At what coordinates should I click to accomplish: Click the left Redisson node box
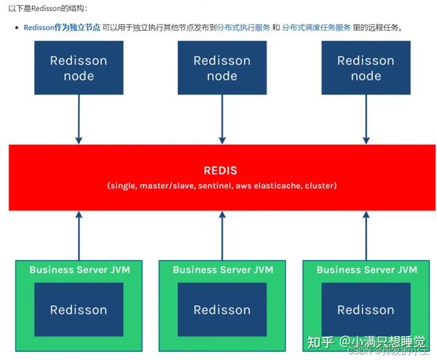pos(78,68)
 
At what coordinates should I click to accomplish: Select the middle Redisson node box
pos(222,68)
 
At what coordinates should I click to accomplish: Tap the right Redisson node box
pos(366,68)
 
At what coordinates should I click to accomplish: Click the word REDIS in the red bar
pos(221,171)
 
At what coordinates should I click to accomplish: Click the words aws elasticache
pos(274,186)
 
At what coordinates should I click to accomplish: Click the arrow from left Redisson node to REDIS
pos(78,120)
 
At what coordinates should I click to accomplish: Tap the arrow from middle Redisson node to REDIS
pos(222,120)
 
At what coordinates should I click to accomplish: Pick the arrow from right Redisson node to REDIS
pos(366,120)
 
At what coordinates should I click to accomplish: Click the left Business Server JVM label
pos(79,270)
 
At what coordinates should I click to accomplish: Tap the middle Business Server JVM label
pos(222,270)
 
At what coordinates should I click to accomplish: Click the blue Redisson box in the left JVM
pos(78,310)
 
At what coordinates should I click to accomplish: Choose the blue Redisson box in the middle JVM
pos(222,310)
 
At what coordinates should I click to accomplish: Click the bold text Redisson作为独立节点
pos(62,27)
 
